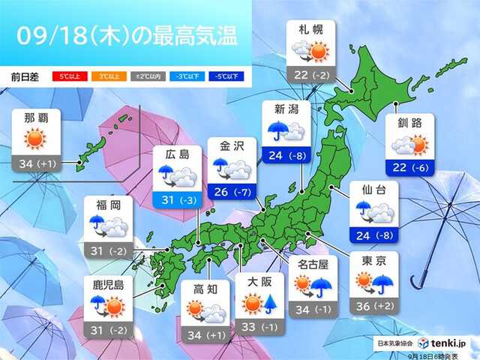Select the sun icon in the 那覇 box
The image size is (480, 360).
[x=35, y=139]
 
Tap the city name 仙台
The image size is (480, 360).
[x=373, y=191]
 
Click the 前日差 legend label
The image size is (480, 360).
[x=26, y=76]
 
